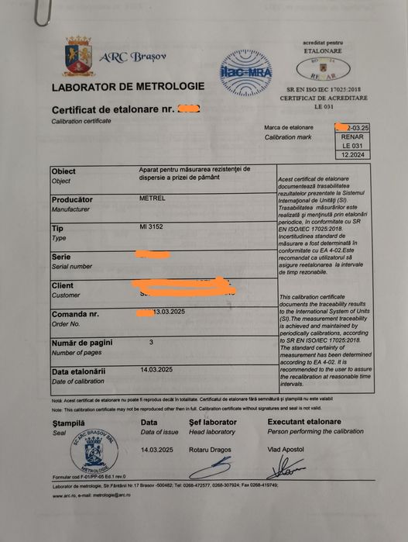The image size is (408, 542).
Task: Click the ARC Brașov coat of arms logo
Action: coord(78,55)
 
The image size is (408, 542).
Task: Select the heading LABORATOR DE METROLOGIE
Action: coord(128,86)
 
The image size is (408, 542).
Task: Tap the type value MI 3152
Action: coord(153,227)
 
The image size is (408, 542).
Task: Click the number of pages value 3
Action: coord(151,341)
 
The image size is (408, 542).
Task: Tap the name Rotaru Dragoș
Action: coord(211,449)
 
